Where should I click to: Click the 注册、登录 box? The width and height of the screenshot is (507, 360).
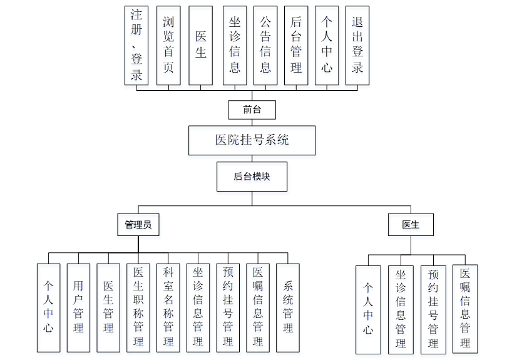pyautogui.click(x=137, y=44)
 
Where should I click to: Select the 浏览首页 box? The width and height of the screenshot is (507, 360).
pyautogui.click(x=168, y=45)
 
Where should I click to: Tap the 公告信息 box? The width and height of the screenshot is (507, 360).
pyautogui.click(x=265, y=45)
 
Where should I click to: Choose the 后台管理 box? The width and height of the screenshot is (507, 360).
pyautogui.click(x=296, y=45)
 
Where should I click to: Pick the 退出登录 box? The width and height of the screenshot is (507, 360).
pyautogui.click(x=358, y=45)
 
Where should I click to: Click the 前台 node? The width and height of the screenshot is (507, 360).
pyautogui.click(x=252, y=110)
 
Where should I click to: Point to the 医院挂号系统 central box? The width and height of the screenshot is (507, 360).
pyautogui.click(x=252, y=140)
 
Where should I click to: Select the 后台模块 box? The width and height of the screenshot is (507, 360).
pyautogui.click(x=252, y=177)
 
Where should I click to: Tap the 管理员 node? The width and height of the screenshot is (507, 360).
pyautogui.click(x=138, y=224)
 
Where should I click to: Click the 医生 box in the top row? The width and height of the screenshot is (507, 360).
pyautogui.click(x=200, y=45)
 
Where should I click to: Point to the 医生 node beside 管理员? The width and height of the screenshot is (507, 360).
pyautogui.click(x=411, y=224)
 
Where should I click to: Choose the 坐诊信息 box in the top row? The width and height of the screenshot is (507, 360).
pyautogui.click(x=235, y=45)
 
